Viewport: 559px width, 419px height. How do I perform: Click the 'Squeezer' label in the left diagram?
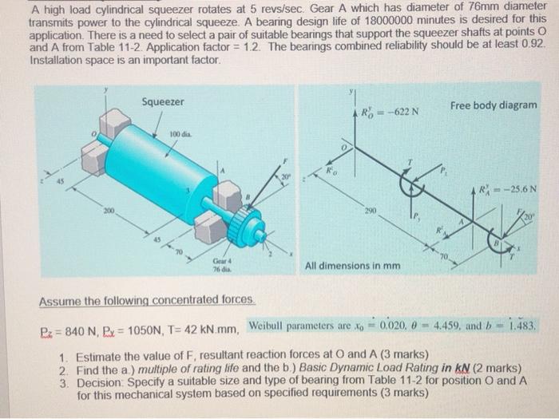point(163,101)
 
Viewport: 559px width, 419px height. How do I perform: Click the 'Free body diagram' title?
point(494,105)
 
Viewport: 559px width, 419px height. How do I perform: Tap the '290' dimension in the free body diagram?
point(370,214)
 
